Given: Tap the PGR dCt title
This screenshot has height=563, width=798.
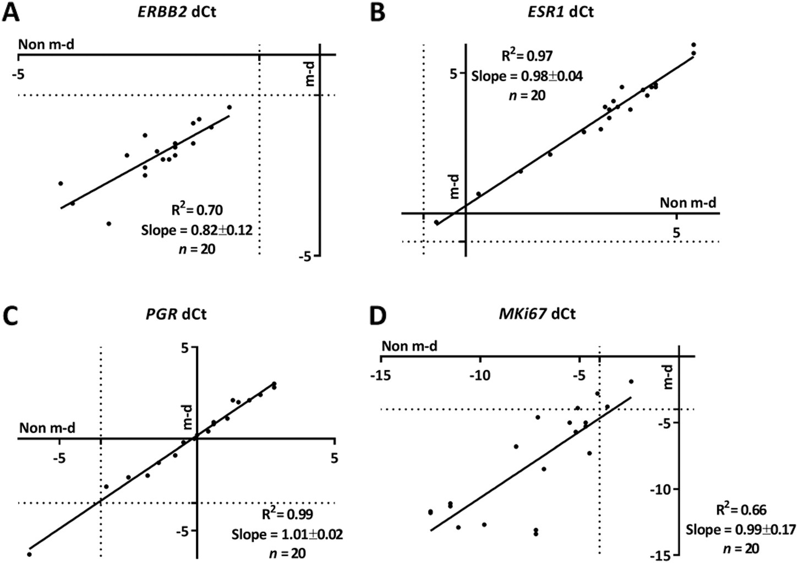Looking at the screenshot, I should click(177, 315).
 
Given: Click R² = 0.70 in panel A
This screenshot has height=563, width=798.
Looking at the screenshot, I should click(196, 209).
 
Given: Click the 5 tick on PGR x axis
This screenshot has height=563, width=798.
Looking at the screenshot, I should click(334, 458).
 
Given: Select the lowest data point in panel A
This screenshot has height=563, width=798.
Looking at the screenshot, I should click(109, 223).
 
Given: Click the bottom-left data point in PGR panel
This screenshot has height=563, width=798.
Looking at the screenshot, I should click(29, 554).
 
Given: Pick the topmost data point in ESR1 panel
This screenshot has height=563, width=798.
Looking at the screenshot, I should click(693, 45).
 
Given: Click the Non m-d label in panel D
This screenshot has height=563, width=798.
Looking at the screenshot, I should click(409, 346).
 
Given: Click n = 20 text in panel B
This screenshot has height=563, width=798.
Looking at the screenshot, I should click(526, 95).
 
